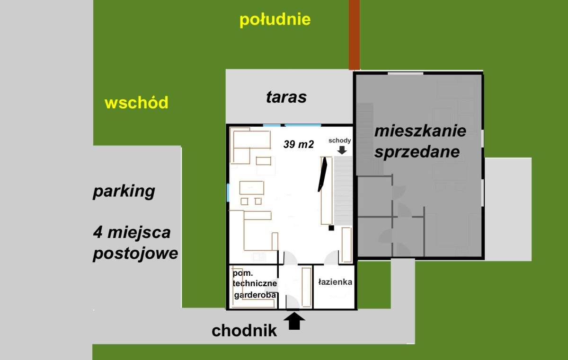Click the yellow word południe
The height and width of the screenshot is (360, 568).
275,20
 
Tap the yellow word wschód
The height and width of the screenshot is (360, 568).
136,103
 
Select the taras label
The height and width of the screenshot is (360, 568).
286,97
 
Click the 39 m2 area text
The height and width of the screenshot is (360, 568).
299,144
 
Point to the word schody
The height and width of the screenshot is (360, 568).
339,140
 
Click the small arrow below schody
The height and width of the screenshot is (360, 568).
342,150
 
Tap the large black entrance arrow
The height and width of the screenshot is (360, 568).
294,321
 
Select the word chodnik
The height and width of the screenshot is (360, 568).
244,331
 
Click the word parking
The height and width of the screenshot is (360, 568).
124,192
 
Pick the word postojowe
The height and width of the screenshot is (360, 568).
135,254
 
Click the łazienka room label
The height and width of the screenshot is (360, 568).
335,282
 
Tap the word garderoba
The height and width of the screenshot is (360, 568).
255,295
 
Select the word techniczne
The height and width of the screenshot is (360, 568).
255,283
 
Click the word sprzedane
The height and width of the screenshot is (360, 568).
417,152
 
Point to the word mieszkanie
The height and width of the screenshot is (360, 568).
420,131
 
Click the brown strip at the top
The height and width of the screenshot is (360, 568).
354,35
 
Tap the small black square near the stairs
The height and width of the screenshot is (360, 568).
331,228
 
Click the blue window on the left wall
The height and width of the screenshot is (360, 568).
228,193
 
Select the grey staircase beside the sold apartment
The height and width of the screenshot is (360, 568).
343,191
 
